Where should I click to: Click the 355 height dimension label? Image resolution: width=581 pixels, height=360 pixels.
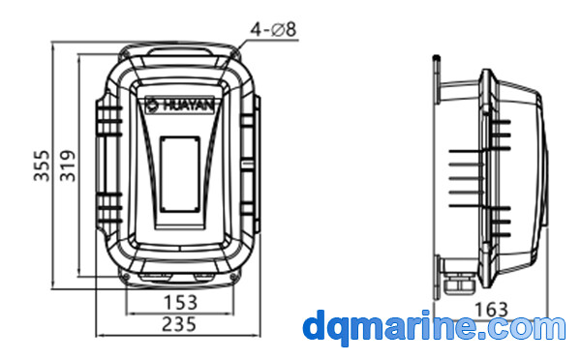(42, 165)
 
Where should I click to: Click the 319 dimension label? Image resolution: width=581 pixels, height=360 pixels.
(68, 165)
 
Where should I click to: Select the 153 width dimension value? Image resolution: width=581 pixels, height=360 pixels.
(180, 303)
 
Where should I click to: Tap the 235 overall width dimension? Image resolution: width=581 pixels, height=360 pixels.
(179, 324)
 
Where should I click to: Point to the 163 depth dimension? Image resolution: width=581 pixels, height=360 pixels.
(491, 310)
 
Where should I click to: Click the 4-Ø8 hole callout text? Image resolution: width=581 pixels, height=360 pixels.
(273, 29)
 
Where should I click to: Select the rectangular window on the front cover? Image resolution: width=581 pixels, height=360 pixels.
(180, 174)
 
